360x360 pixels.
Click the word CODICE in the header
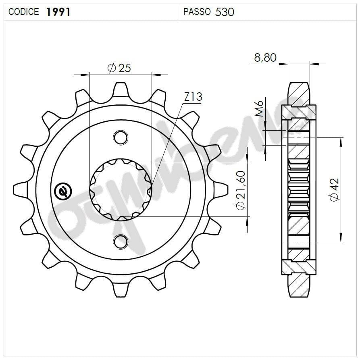tap(23, 12)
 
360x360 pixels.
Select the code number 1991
tap(58, 12)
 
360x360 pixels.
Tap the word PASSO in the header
tap(197, 12)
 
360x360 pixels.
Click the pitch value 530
tap(225, 12)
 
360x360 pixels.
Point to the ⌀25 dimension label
tap(119, 68)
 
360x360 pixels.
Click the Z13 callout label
tap(193, 97)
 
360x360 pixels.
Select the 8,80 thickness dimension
tap(265, 58)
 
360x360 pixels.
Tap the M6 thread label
tap(260, 109)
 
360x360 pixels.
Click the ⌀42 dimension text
tap(334, 189)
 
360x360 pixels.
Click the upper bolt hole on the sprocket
tap(120, 137)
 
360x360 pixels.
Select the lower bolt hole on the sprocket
tap(120, 241)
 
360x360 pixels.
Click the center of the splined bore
tap(121, 189)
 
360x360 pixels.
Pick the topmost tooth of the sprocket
tap(120, 89)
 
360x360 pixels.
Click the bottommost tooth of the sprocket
tap(120, 289)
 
